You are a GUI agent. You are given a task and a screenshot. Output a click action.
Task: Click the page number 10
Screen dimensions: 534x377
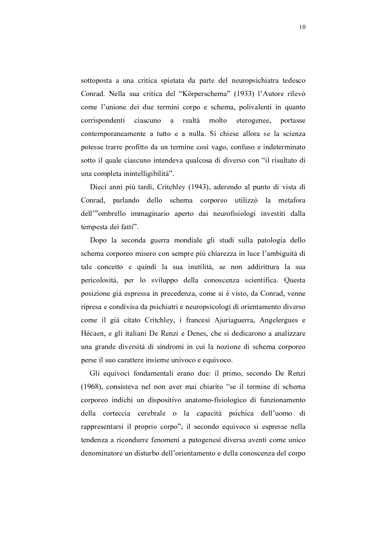pyautogui.click(x=302, y=27)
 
